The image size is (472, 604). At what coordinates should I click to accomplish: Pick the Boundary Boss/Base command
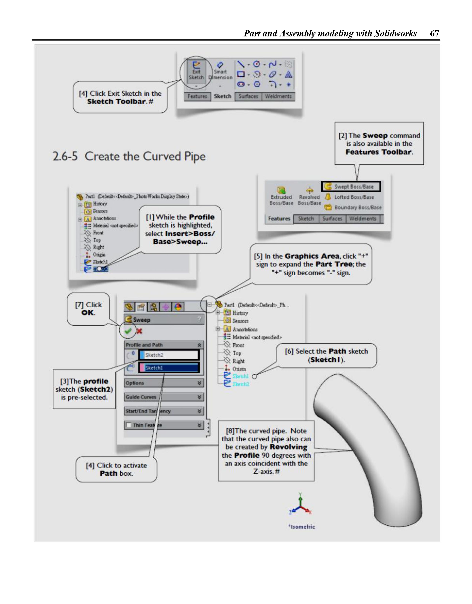tap(354, 207)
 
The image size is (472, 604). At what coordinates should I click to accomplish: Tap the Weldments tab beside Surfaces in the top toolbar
tap(278, 96)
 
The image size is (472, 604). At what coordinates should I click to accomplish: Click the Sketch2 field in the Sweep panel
tap(169, 355)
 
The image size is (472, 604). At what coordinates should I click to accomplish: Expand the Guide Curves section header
tap(164, 397)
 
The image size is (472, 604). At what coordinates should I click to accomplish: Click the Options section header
tap(164, 383)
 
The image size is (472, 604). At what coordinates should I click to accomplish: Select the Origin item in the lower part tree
tap(239, 369)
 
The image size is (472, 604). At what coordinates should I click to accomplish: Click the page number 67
tap(434, 33)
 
